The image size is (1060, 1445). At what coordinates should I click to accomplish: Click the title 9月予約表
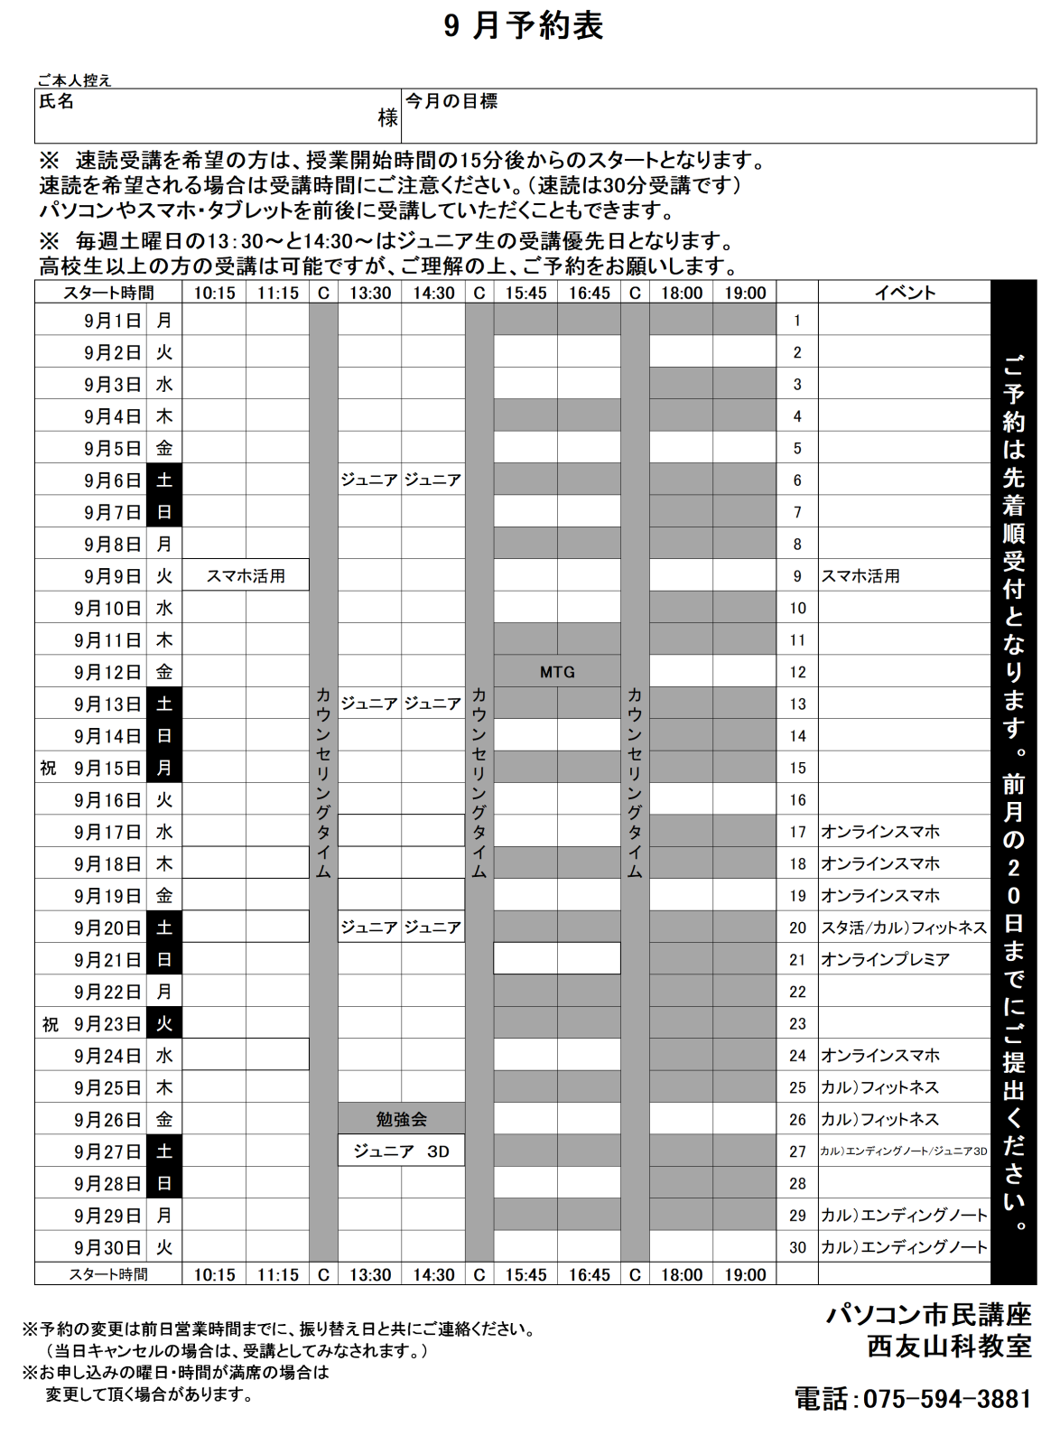[x=524, y=26]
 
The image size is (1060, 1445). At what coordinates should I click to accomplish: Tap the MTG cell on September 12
[x=557, y=672]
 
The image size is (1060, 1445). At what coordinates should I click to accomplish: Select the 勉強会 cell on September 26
[x=402, y=1119]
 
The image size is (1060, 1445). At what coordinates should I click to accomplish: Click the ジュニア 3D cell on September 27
[x=402, y=1151]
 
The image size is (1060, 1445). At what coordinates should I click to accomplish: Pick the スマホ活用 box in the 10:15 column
[x=246, y=575]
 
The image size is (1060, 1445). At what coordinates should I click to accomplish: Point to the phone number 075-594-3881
[x=913, y=1399]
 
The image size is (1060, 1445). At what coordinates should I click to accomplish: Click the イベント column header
[x=904, y=293]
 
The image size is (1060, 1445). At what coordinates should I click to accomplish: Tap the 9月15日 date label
[x=108, y=769]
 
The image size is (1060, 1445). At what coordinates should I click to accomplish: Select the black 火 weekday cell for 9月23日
[x=164, y=1023]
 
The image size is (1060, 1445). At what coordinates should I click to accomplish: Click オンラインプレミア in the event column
[x=885, y=959]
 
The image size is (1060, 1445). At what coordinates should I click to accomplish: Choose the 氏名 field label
[x=57, y=101]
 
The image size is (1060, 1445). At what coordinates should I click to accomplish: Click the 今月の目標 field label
[x=451, y=101]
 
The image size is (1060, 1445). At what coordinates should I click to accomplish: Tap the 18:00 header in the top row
[x=681, y=293]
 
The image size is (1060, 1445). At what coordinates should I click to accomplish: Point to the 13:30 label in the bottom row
[x=370, y=1274]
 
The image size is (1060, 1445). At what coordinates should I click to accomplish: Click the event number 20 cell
[x=797, y=928]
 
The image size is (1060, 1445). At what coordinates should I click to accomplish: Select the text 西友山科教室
[x=949, y=1346]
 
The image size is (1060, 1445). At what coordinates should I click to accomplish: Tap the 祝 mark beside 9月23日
[x=51, y=1024]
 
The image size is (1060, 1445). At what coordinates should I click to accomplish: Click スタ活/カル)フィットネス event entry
[x=903, y=928]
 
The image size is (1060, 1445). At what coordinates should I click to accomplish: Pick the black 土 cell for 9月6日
[x=164, y=480]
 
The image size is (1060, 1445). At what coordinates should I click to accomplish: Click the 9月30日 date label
[x=108, y=1247]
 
